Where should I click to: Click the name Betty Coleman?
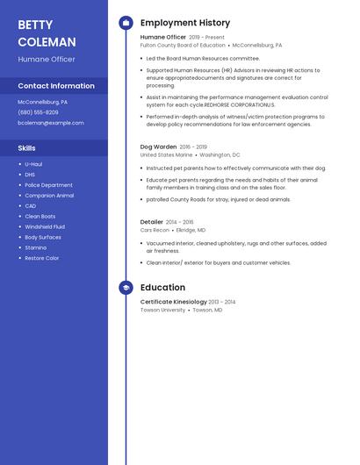[47, 33]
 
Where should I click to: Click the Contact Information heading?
[56, 86]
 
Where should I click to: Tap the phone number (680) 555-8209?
[38, 112]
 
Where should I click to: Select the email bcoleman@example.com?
[51, 123]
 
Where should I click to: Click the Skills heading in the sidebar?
[27, 148]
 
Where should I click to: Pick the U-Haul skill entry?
[33, 164]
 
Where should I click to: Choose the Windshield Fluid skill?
[44, 227]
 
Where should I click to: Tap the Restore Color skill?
[42, 259]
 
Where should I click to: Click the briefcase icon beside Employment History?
[126, 23]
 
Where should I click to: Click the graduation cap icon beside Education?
[126, 288]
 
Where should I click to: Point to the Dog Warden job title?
[158, 147]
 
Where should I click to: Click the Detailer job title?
[152, 222]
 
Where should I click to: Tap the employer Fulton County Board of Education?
[183, 45]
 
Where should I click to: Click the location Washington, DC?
[220, 154]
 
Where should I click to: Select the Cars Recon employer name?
[155, 230]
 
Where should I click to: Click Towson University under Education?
[162, 310]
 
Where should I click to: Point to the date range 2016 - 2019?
[193, 147]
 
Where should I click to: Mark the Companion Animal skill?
[49, 196]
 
